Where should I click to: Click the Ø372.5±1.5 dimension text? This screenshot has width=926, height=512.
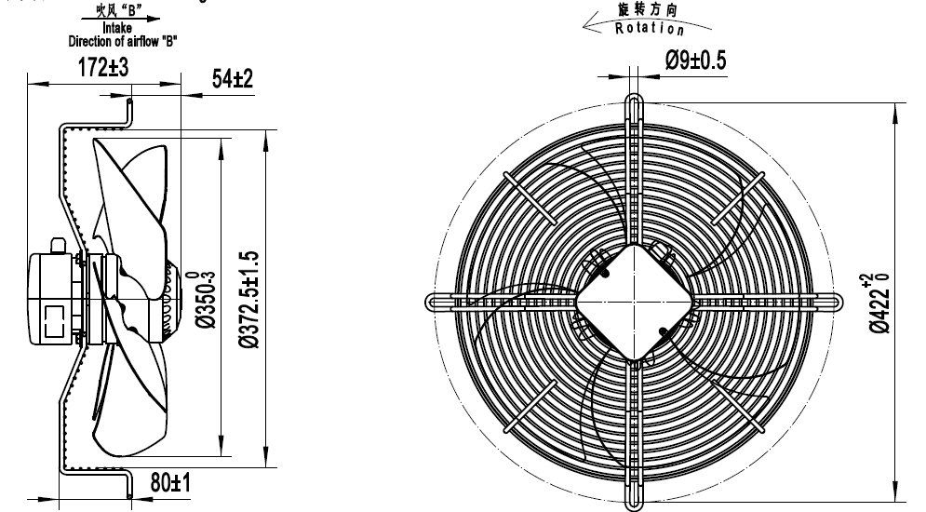click(x=247, y=300)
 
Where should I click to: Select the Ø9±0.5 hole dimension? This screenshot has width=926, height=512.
click(x=695, y=61)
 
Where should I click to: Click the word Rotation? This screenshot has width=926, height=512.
click(x=650, y=27)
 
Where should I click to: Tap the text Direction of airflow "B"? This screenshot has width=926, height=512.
click(x=123, y=41)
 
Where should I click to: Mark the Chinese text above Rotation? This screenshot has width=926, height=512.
click(x=648, y=8)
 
